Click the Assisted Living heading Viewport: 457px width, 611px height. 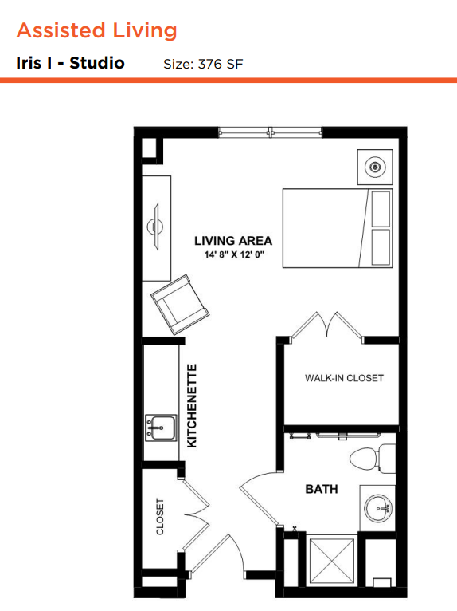(x=96, y=31)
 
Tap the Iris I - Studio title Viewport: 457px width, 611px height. (x=70, y=63)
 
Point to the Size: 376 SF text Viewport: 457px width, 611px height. (x=203, y=64)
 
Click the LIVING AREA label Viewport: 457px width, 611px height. (x=233, y=241)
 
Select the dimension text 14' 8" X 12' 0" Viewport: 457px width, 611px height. (x=234, y=254)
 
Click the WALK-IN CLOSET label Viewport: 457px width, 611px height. (x=344, y=378)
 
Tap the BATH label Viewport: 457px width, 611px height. (x=322, y=489)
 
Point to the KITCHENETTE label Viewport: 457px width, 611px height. (x=192, y=406)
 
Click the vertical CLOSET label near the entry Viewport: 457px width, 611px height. (x=160, y=516)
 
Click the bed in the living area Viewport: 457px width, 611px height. (x=338, y=228)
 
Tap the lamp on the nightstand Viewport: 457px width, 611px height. (x=375, y=168)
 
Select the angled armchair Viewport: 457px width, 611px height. (x=180, y=305)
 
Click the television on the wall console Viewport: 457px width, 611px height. (x=156, y=227)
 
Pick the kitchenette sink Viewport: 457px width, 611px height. (x=161, y=428)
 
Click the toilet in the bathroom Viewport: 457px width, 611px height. (x=373, y=459)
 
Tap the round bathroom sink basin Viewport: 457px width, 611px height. (x=378, y=508)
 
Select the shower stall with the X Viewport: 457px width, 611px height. (x=332, y=561)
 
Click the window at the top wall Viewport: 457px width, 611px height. (x=271, y=132)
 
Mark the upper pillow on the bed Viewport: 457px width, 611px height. (x=381, y=208)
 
